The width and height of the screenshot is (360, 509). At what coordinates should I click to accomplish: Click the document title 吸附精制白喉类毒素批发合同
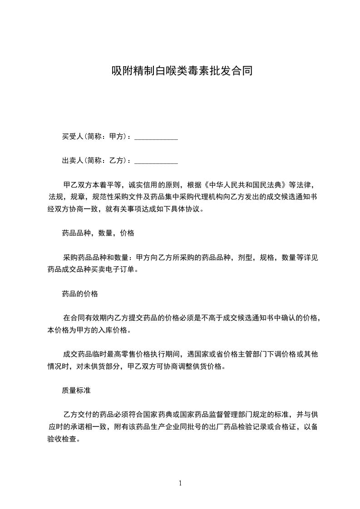point(182,71)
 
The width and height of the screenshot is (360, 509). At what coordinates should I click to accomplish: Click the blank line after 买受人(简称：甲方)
point(156,136)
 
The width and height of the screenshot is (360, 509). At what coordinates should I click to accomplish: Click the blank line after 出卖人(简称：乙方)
point(156,161)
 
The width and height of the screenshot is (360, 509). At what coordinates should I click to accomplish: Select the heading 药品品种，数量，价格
point(98,234)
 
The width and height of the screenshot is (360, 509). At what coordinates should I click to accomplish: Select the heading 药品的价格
point(80,294)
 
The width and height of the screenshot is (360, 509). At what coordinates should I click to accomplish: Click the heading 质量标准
point(76,390)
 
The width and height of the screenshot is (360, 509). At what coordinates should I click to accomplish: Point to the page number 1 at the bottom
point(180,483)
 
